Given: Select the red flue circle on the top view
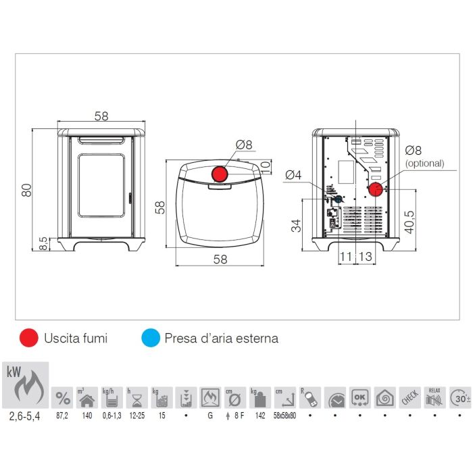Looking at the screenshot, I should click(x=220, y=174).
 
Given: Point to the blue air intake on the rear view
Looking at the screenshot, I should click(x=338, y=200).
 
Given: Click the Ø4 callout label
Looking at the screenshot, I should click(x=293, y=176).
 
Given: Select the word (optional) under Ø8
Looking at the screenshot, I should click(x=424, y=163).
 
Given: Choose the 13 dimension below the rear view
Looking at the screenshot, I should click(x=365, y=257).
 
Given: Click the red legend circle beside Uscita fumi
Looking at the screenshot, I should click(x=29, y=338).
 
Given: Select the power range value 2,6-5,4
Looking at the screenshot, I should click(x=25, y=416).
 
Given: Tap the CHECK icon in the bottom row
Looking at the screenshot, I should click(x=410, y=396).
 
